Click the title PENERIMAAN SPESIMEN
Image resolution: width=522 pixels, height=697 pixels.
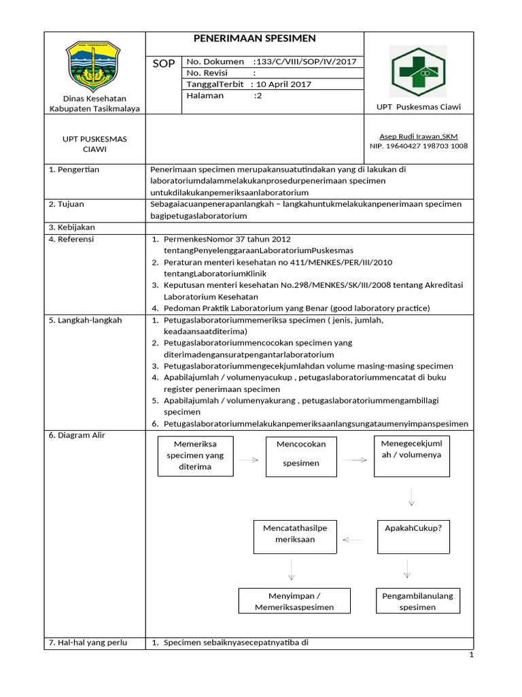[x=256, y=39]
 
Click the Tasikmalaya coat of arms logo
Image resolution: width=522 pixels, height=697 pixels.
[x=93, y=67]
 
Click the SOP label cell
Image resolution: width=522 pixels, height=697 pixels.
[x=164, y=63]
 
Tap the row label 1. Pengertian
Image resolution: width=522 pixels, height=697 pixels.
[x=74, y=169]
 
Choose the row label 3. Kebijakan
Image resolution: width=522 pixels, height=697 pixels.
[x=72, y=227]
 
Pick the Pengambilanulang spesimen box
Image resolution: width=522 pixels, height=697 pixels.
[x=417, y=601]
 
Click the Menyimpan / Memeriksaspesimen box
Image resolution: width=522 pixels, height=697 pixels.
[x=295, y=601]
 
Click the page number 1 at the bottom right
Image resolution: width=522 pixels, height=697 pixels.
[x=471, y=655]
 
